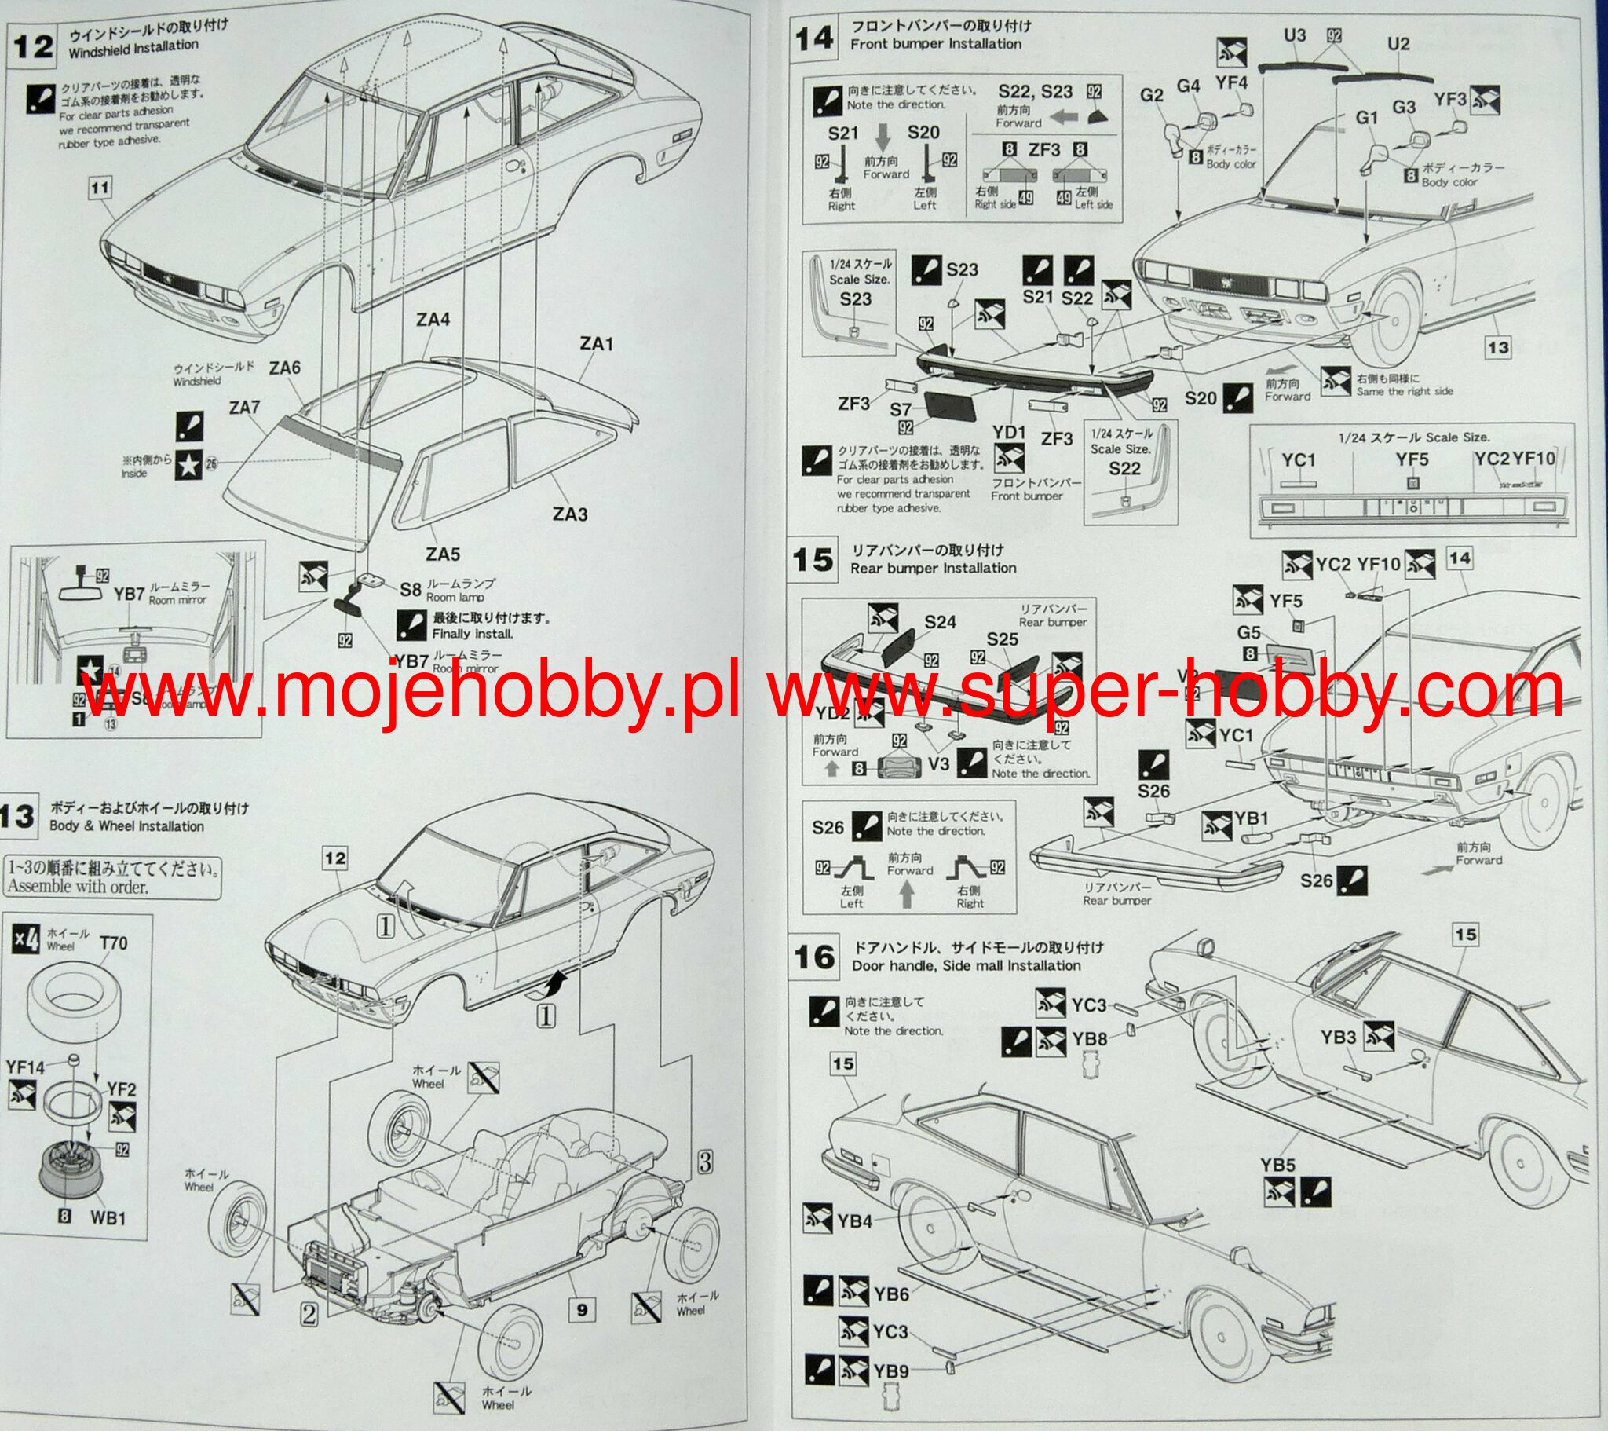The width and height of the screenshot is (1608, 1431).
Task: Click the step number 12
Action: tap(33, 46)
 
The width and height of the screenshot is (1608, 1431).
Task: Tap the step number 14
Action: tap(814, 37)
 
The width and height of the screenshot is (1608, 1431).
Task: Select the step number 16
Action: tap(814, 957)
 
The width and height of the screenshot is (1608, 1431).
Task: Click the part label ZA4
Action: tap(433, 320)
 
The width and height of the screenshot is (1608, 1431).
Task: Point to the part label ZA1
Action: tap(596, 343)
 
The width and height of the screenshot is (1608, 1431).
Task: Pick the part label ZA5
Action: tap(443, 554)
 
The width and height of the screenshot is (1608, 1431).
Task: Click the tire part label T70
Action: tap(113, 943)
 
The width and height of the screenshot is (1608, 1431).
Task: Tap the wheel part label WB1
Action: tap(108, 1217)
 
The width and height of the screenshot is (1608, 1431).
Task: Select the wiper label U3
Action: tap(1294, 35)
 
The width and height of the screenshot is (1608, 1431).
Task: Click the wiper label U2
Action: tap(1398, 44)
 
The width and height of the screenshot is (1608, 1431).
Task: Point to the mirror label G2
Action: tap(1151, 94)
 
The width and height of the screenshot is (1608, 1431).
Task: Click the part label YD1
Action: tap(1010, 432)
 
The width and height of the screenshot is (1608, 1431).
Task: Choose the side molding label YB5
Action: tap(1277, 1166)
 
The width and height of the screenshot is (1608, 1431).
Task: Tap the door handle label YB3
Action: tap(1338, 1038)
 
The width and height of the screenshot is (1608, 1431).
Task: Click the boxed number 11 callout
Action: tap(100, 188)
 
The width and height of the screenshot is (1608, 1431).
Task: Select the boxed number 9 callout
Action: tap(581, 1311)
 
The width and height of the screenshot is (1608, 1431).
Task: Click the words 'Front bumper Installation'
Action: tap(935, 44)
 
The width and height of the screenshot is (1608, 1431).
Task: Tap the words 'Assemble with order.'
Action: tap(78, 887)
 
